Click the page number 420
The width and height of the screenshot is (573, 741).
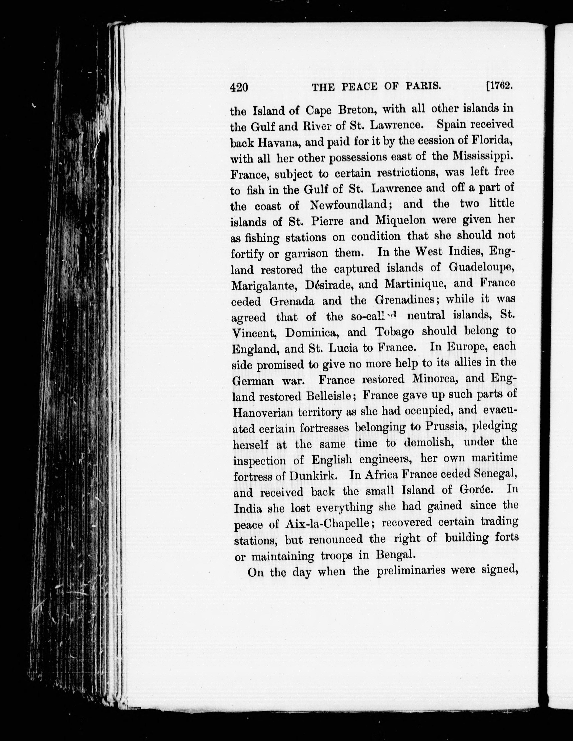[x=239, y=88]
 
